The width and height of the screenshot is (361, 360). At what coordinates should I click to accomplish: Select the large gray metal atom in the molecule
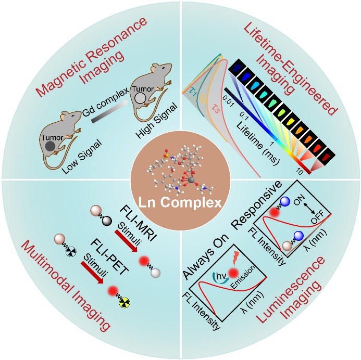(x=192, y=179)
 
